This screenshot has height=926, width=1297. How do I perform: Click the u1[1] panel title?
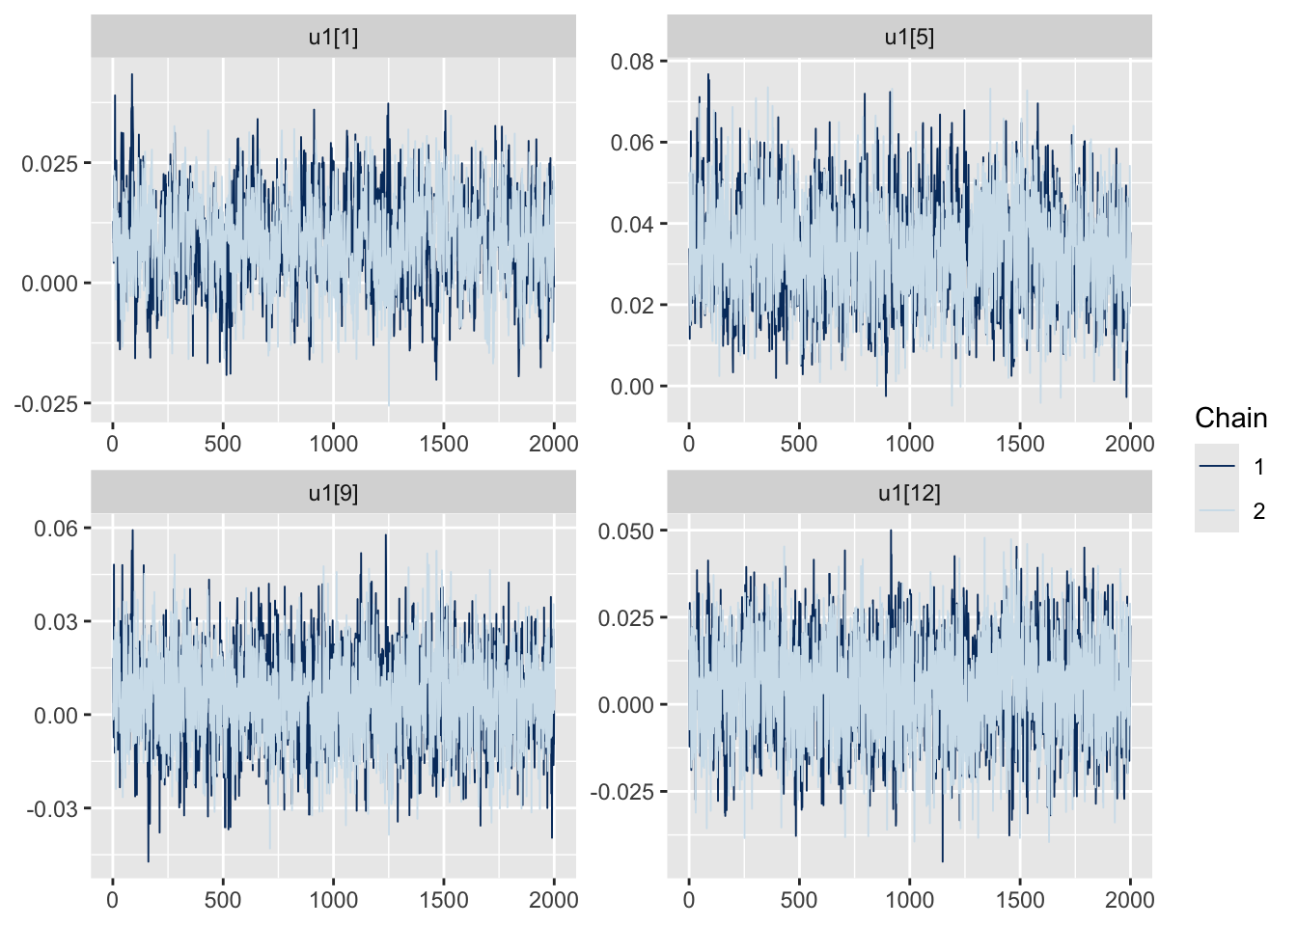333,38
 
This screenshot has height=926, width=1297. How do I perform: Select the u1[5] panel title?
909,38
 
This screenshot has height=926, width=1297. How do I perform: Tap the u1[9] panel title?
333,494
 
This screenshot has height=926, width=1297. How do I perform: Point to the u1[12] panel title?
909,494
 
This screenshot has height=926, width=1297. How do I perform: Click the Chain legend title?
1230,418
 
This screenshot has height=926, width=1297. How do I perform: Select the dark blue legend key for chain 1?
1216,467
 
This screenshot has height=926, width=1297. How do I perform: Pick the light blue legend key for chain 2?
1216,511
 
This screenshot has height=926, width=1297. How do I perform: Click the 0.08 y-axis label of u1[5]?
632,62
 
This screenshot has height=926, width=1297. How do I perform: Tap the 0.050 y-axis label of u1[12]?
626,531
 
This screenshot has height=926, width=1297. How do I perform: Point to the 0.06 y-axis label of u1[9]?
56,529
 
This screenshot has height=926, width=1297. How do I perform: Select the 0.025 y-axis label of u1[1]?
50,163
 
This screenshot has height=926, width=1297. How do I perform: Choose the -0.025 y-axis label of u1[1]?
46,404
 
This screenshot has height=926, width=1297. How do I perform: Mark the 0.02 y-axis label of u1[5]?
632,306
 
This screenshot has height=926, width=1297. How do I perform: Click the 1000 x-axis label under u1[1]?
333,444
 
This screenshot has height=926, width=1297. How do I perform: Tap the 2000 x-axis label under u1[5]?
1129,444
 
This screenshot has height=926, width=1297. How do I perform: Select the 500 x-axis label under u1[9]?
223,900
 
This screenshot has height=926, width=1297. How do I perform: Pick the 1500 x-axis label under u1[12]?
1020,900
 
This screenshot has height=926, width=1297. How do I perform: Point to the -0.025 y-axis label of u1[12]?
622,792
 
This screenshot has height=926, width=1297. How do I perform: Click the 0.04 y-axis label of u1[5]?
632,225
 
